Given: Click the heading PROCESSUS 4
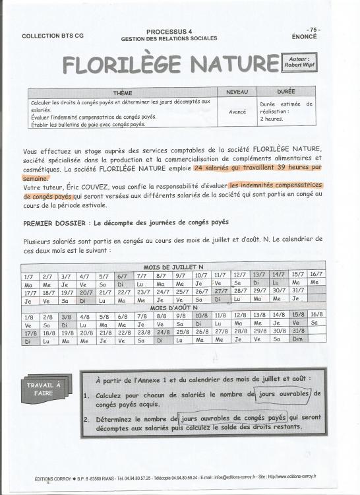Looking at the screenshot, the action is [x=169, y=31].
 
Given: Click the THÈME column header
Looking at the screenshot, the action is [x=123, y=92].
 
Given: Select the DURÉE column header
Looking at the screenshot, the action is [x=285, y=92].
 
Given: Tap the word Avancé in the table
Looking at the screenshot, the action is [x=237, y=112].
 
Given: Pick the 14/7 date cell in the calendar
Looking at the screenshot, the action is [x=278, y=274].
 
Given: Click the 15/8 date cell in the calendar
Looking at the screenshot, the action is [x=297, y=315].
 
